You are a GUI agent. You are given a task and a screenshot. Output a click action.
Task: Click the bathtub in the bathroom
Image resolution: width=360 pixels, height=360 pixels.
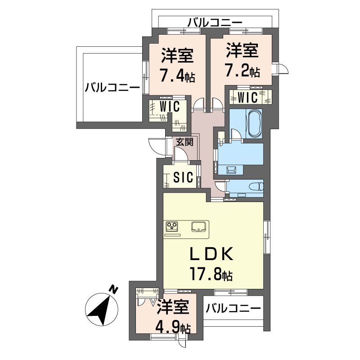(254, 124)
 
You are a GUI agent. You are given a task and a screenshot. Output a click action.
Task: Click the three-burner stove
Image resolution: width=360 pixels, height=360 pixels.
(172, 226)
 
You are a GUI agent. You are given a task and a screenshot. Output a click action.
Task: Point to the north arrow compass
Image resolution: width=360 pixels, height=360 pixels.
(102, 309)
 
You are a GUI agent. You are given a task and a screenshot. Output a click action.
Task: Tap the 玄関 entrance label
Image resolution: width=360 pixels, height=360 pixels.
(184, 142)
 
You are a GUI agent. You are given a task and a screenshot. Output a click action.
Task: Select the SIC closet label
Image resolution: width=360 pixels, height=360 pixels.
(183, 177)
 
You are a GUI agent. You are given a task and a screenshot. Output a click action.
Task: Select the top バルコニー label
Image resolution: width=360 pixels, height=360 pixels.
(215, 23)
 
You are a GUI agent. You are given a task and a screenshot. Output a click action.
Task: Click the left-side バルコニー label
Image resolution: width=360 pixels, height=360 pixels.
(112, 87)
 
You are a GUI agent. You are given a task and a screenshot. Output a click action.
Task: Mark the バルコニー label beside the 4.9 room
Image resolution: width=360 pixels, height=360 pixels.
(233, 308)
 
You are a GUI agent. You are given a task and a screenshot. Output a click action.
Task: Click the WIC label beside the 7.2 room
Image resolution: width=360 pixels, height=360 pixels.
(247, 97)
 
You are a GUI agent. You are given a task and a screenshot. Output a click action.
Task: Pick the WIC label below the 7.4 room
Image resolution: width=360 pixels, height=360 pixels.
(170, 107)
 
